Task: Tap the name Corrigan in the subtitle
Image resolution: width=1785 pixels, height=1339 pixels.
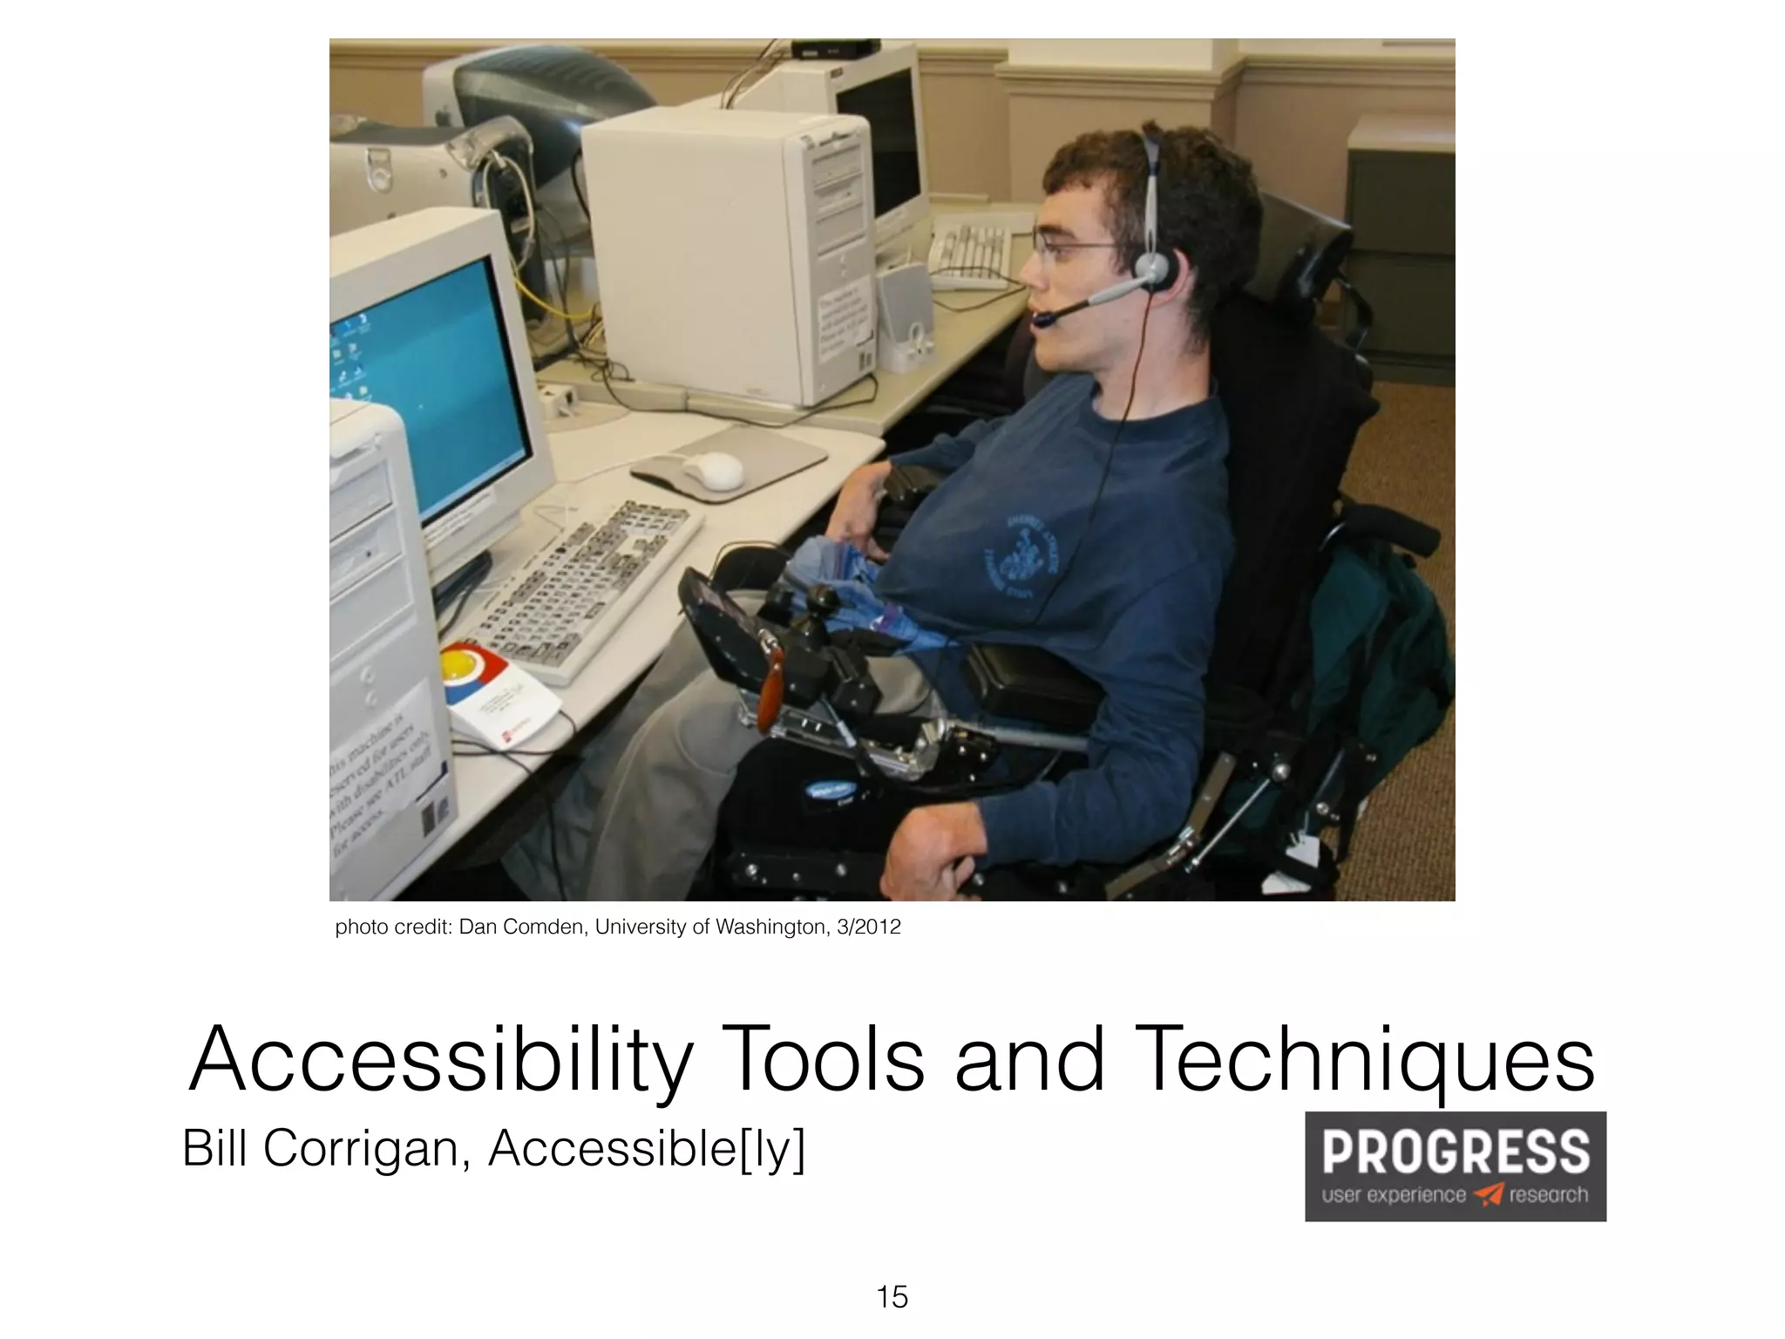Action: [x=367, y=1148]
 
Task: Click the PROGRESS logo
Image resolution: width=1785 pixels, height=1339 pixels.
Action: [x=1455, y=1165]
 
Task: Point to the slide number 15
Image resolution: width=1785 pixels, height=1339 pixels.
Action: [x=892, y=1297]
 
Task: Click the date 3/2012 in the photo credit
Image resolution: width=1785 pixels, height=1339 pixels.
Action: [x=868, y=927]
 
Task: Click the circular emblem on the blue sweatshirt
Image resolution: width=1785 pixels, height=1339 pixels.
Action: [x=1022, y=558]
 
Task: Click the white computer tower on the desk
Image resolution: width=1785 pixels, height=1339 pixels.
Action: [x=723, y=253]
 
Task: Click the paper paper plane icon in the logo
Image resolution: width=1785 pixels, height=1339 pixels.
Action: [x=1489, y=1194]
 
